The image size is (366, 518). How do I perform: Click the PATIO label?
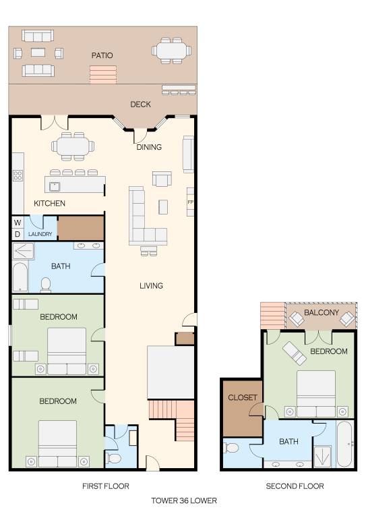point(102,55)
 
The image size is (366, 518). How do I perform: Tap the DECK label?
point(141,105)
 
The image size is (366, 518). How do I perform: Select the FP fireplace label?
point(190,202)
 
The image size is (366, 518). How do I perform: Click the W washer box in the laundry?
point(18,223)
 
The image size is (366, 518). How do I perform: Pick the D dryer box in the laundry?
point(18,234)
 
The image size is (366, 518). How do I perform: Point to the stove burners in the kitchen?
point(18,175)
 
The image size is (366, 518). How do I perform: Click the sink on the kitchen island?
point(55,187)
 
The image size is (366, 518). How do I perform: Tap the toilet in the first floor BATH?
point(46,285)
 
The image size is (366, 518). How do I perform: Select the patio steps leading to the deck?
point(103,75)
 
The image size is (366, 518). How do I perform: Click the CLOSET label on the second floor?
point(243,397)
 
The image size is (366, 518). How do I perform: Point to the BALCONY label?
point(322,312)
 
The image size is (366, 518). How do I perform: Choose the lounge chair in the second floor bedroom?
point(295,353)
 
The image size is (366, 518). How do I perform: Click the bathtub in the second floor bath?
point(345,444)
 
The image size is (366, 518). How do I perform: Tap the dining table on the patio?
point(172,51)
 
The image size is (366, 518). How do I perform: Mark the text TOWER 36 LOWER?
point(184,500)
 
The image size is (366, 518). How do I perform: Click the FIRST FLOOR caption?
point(106,486)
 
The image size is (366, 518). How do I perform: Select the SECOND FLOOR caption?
point(295,486)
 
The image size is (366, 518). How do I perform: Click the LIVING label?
point(151,285)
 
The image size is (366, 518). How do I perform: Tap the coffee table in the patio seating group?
point(38,52)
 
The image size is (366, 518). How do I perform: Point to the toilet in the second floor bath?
point(231,448)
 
